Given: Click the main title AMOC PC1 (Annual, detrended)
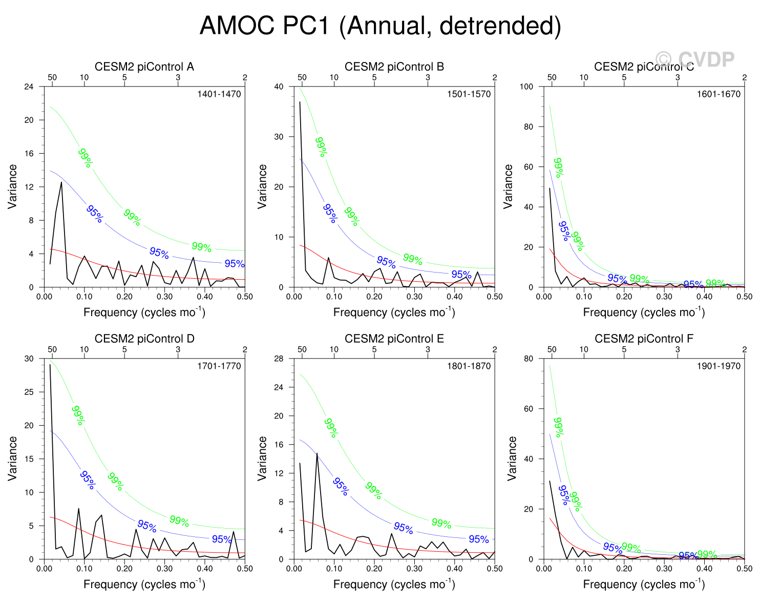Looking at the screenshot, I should pyautogui.click(x=380, y=26).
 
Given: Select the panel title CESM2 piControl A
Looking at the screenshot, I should pyautogui.click(x=144, y=67).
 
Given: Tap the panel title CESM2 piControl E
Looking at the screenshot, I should pyautogui.click(x=394, y=339).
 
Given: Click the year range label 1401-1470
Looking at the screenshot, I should pyautogui.click(x=219, y=94).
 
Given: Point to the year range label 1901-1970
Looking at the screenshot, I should pyautogui.click(x=719, y=366).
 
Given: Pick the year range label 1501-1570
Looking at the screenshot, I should pyautogui.click(x=469, y=94).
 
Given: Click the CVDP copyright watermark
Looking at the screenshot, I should pyautogui.click(x=695, y=59).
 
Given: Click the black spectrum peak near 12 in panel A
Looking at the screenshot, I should pyautogui.click(x=61, y=182).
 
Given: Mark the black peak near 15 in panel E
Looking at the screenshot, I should pyautogui.click(x=317, y=453).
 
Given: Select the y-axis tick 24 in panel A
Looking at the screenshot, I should pyautogui.click(x=29, y=87).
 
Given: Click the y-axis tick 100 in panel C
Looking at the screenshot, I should pyautogui.click(x=526, y=87).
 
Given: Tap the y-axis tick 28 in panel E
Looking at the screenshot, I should pyautogui.click(x=279, y=359).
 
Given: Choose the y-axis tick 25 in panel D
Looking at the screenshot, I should pyautogui.click(x=29, y=392).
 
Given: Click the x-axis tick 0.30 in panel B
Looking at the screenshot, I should pyautogui.click(x=414, y=297).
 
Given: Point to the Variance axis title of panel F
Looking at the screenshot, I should pyautogui.click(x=512, y=458).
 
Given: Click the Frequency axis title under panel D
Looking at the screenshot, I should pyautogui.click(x=144, y=584).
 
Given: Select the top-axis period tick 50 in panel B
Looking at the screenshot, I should pyautogui.click(x=302, y=77).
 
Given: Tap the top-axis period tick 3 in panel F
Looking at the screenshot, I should pyautogui.click(x=678, y=349).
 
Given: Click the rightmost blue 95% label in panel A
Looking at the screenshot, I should pyautogui.click(x=234, y=264).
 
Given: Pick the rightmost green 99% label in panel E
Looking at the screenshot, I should pyautogui.click(x=441, y=524).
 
